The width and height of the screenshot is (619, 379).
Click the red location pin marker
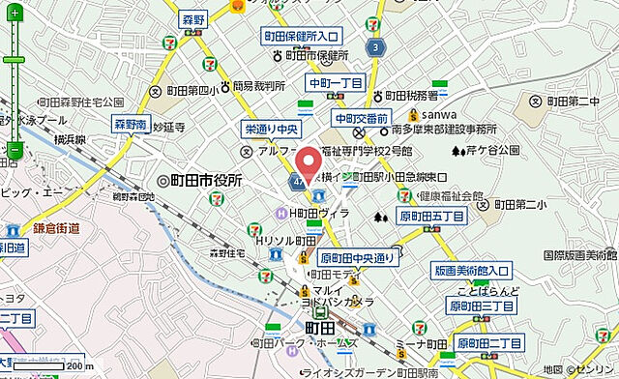click(x=309, y=164)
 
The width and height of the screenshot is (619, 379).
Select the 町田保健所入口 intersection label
click(x=303, y=37)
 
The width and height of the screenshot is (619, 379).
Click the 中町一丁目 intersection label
click(x=334, y=82)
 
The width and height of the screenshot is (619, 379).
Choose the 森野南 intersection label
click(x=131, y=125)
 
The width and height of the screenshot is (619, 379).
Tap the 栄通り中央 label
click(x=268, y=128)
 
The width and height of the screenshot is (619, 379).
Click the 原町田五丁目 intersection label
click(x=431, y=216)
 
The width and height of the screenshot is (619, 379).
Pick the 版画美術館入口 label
click(x=471, y=271)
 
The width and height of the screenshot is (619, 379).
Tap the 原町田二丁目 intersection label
click(x=489, y=343)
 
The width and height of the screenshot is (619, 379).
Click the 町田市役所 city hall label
click(x=199, y=181)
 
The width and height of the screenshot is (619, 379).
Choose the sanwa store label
click(x=410, y=111)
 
